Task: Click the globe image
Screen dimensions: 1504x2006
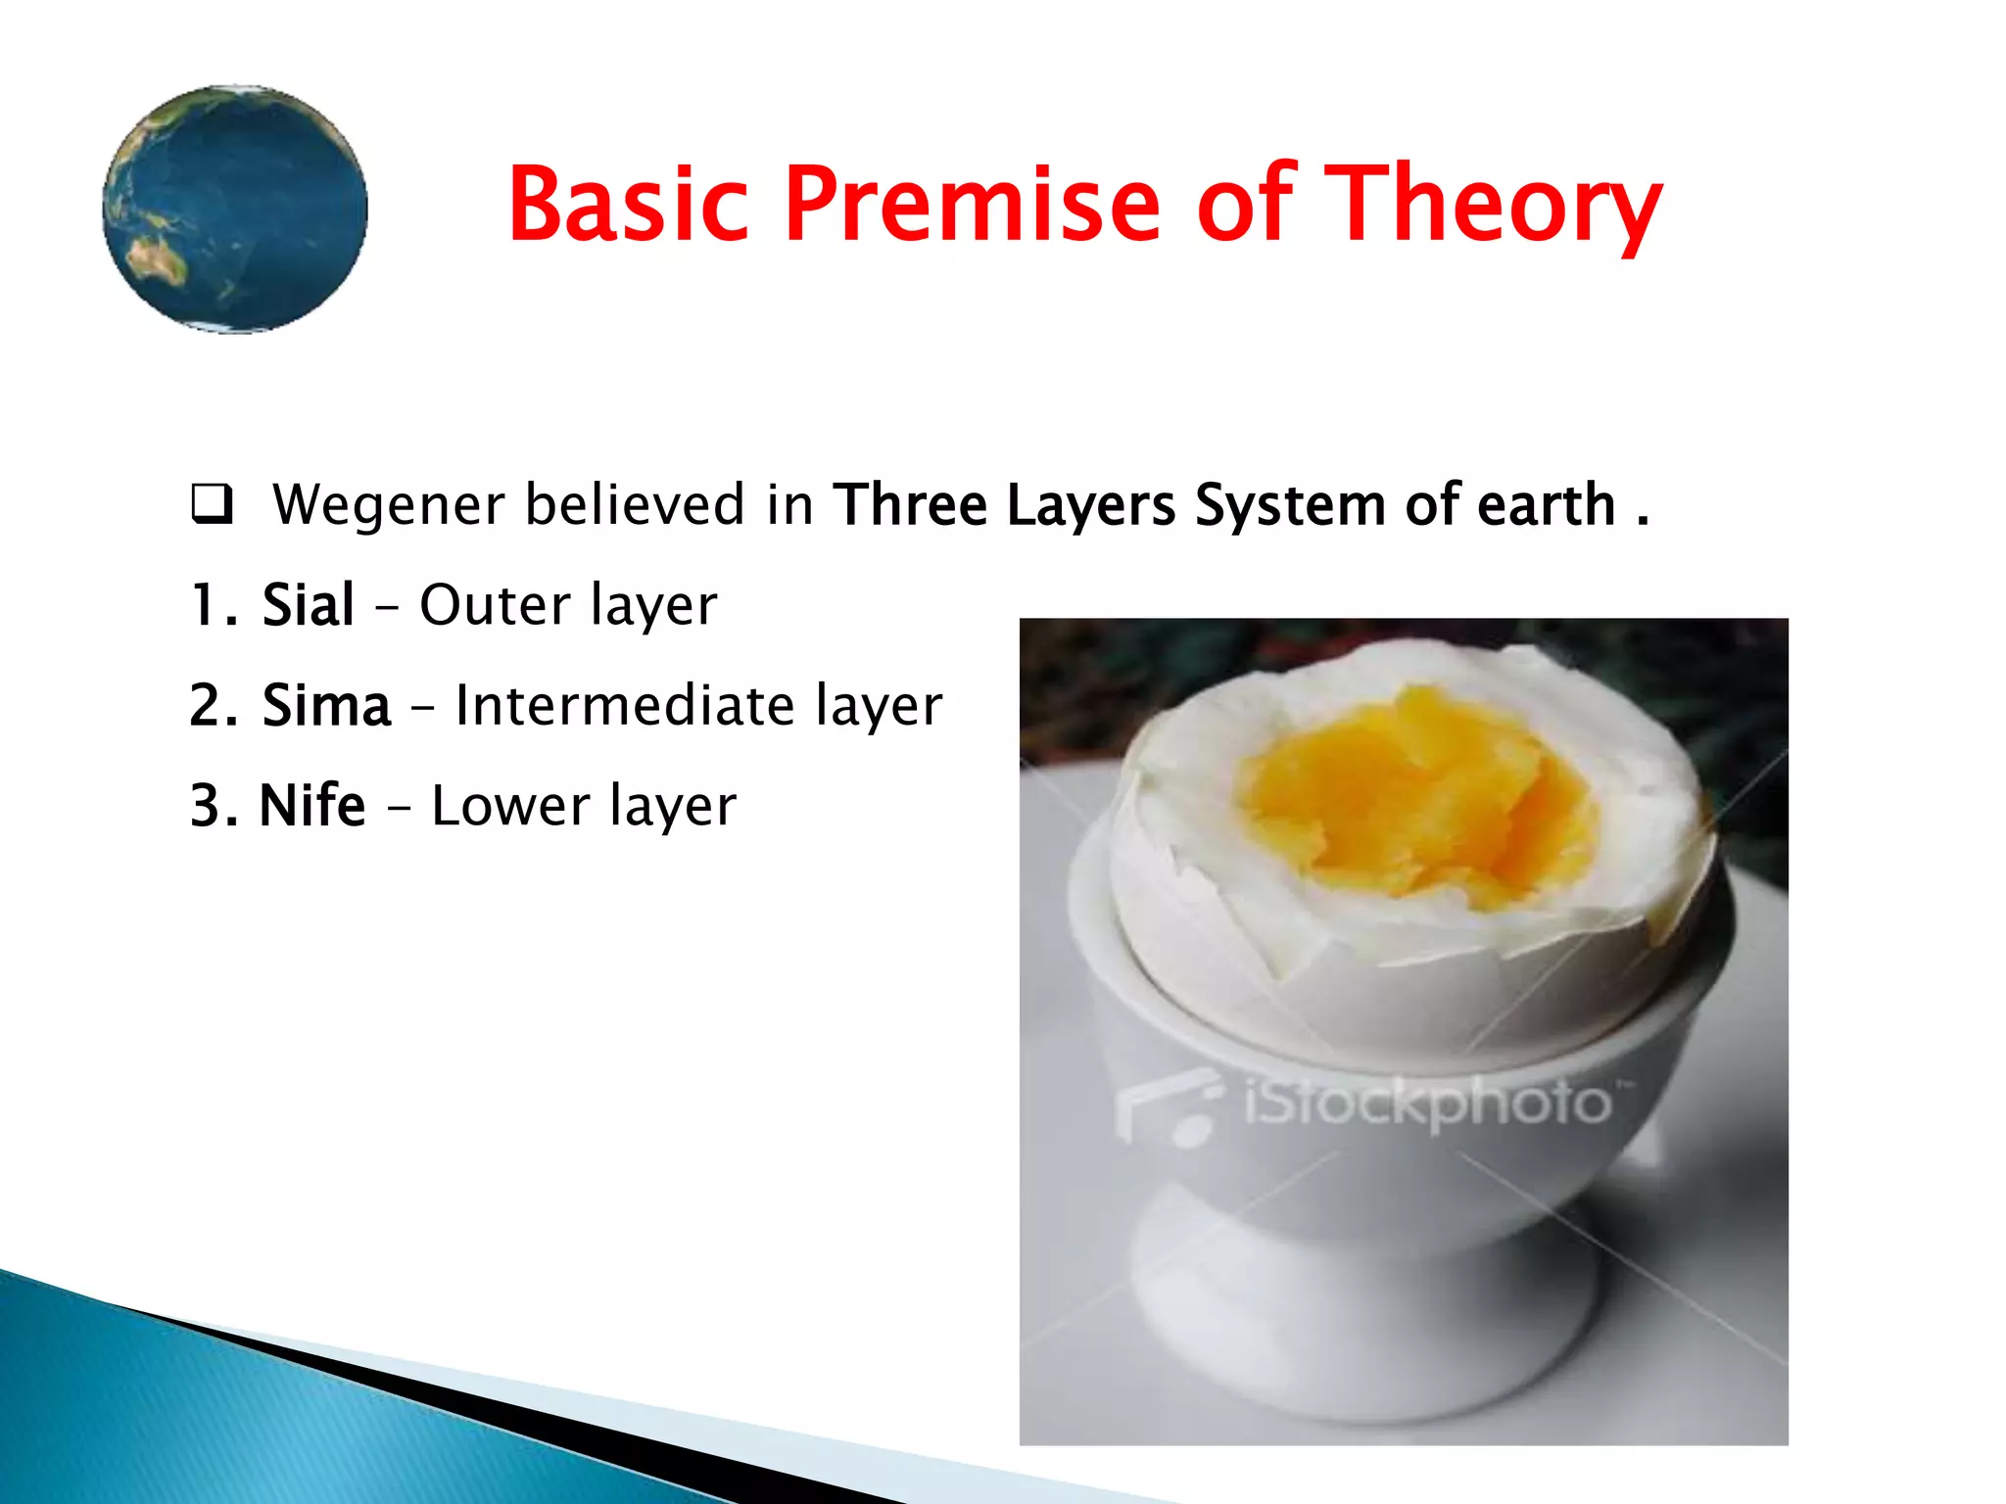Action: point(235,209)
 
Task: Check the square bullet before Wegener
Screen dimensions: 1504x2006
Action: point(212,503)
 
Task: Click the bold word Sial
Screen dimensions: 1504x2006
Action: point(308,605)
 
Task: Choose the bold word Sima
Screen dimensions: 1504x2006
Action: point(326,705)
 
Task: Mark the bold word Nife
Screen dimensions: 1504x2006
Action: point(311,806)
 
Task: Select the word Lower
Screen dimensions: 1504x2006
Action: point(509,806)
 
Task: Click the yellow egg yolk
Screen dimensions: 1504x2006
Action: point(1410,793)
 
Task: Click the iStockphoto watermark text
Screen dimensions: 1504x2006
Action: point(1426,1104)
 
